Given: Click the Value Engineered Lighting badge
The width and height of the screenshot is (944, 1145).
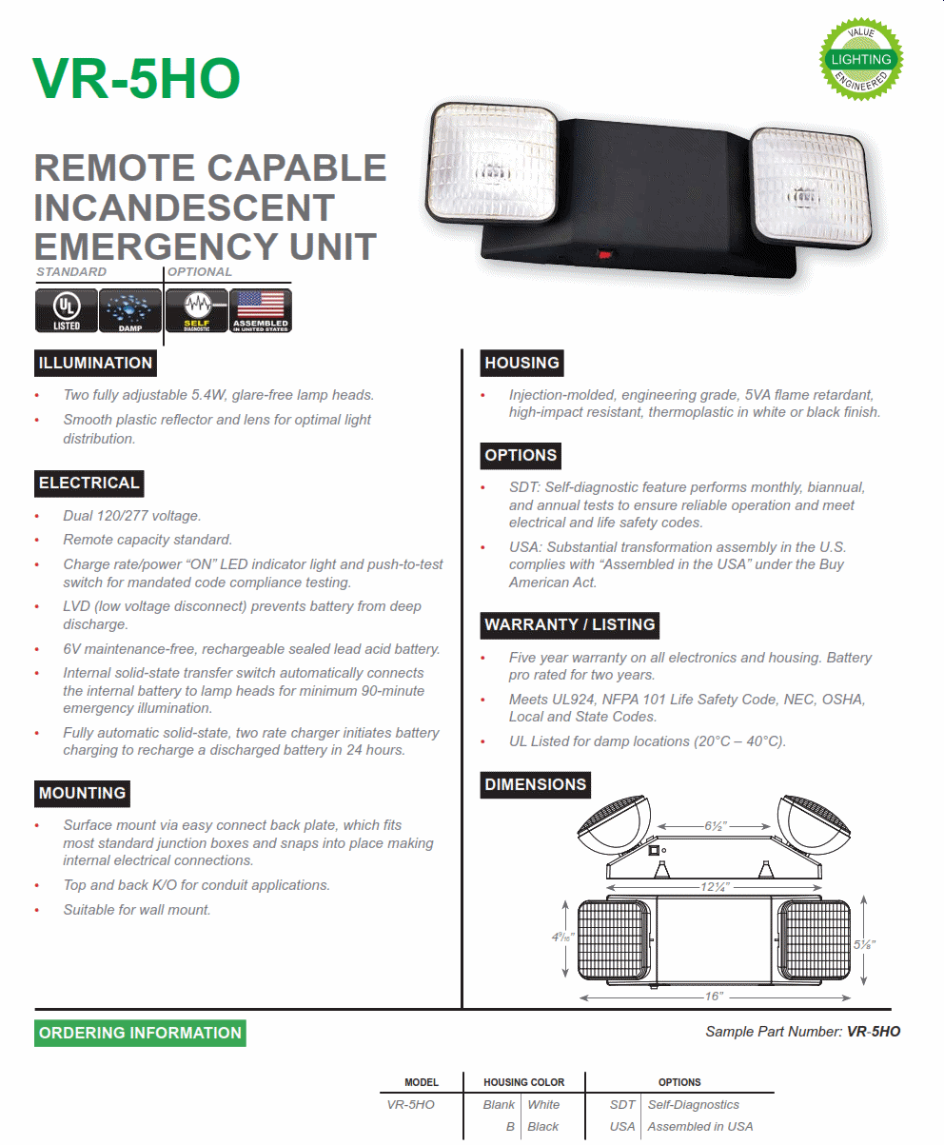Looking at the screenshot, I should (862, 59).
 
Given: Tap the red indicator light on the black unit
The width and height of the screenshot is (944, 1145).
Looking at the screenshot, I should (601, 254).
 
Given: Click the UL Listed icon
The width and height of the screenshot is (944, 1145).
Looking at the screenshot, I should (67, 310).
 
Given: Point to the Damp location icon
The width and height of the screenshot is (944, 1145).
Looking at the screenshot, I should (130, 310).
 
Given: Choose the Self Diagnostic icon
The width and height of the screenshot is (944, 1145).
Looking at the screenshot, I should (196, 310).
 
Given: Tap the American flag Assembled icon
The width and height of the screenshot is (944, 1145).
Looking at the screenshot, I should (261, 310).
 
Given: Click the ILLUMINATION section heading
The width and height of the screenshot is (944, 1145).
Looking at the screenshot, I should (95, 363).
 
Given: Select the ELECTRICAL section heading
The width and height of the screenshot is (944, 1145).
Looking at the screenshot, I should (89, 483).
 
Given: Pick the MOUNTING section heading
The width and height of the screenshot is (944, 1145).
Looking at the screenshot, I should (83, 793).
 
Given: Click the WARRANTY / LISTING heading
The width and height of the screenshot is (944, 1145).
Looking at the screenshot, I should (570, 624).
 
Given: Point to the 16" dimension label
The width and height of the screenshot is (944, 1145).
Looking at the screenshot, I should (716, 996).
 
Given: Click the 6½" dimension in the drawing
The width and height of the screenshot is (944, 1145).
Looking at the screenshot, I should (716, 826).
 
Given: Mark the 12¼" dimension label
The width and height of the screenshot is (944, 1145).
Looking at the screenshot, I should (716, 887).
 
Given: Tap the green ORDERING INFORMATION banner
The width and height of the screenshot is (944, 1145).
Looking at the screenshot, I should (141, 1033).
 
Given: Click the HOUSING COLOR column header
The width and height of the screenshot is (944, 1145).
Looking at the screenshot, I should (523, 1082).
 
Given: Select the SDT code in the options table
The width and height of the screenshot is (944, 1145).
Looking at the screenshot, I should (622, 1105).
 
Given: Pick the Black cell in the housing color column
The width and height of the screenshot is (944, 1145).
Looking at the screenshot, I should (543, 1127).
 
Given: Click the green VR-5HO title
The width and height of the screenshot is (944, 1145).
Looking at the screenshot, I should (136, 79).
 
